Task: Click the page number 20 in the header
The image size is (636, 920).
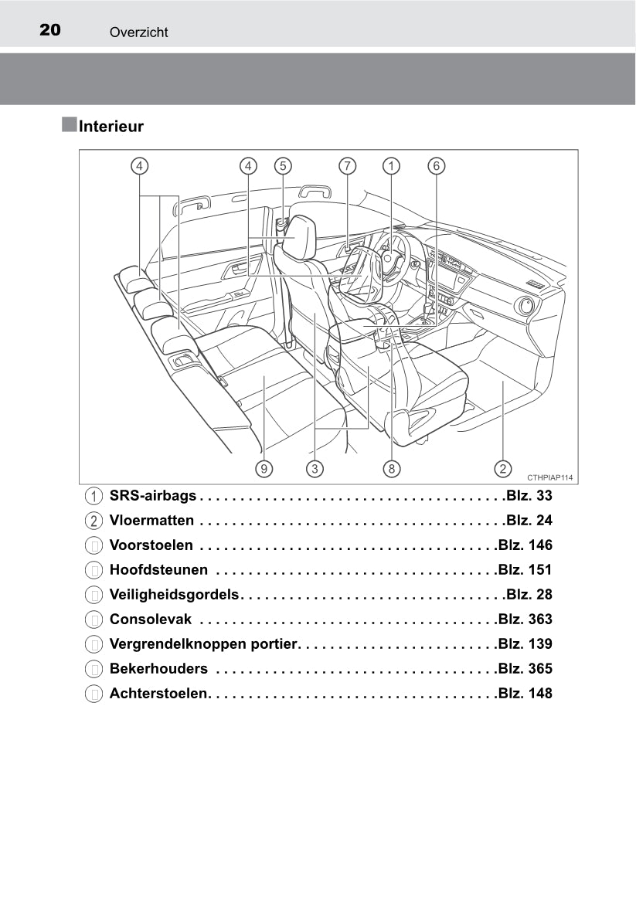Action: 50,29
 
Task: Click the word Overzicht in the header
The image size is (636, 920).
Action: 138,32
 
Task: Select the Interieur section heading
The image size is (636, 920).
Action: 111,126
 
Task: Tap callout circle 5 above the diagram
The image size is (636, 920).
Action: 283,166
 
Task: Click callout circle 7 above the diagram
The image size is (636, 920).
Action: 347,166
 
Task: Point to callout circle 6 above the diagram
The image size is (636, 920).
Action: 437,166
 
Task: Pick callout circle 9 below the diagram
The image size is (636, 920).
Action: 264,468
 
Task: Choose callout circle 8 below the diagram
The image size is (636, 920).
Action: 391,468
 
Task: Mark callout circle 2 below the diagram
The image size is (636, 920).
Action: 503,468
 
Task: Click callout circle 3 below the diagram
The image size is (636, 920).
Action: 315,468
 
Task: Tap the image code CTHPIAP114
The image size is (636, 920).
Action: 549,478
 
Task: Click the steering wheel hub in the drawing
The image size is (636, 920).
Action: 387,257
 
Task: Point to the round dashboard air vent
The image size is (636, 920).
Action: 524,306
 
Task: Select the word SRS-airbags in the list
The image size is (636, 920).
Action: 152,496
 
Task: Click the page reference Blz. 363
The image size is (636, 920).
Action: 525,619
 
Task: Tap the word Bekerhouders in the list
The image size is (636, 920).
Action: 158,668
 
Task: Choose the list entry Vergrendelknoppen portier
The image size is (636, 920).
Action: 203,643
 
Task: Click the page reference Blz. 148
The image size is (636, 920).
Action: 525,693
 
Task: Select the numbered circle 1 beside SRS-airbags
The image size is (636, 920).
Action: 94,497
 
